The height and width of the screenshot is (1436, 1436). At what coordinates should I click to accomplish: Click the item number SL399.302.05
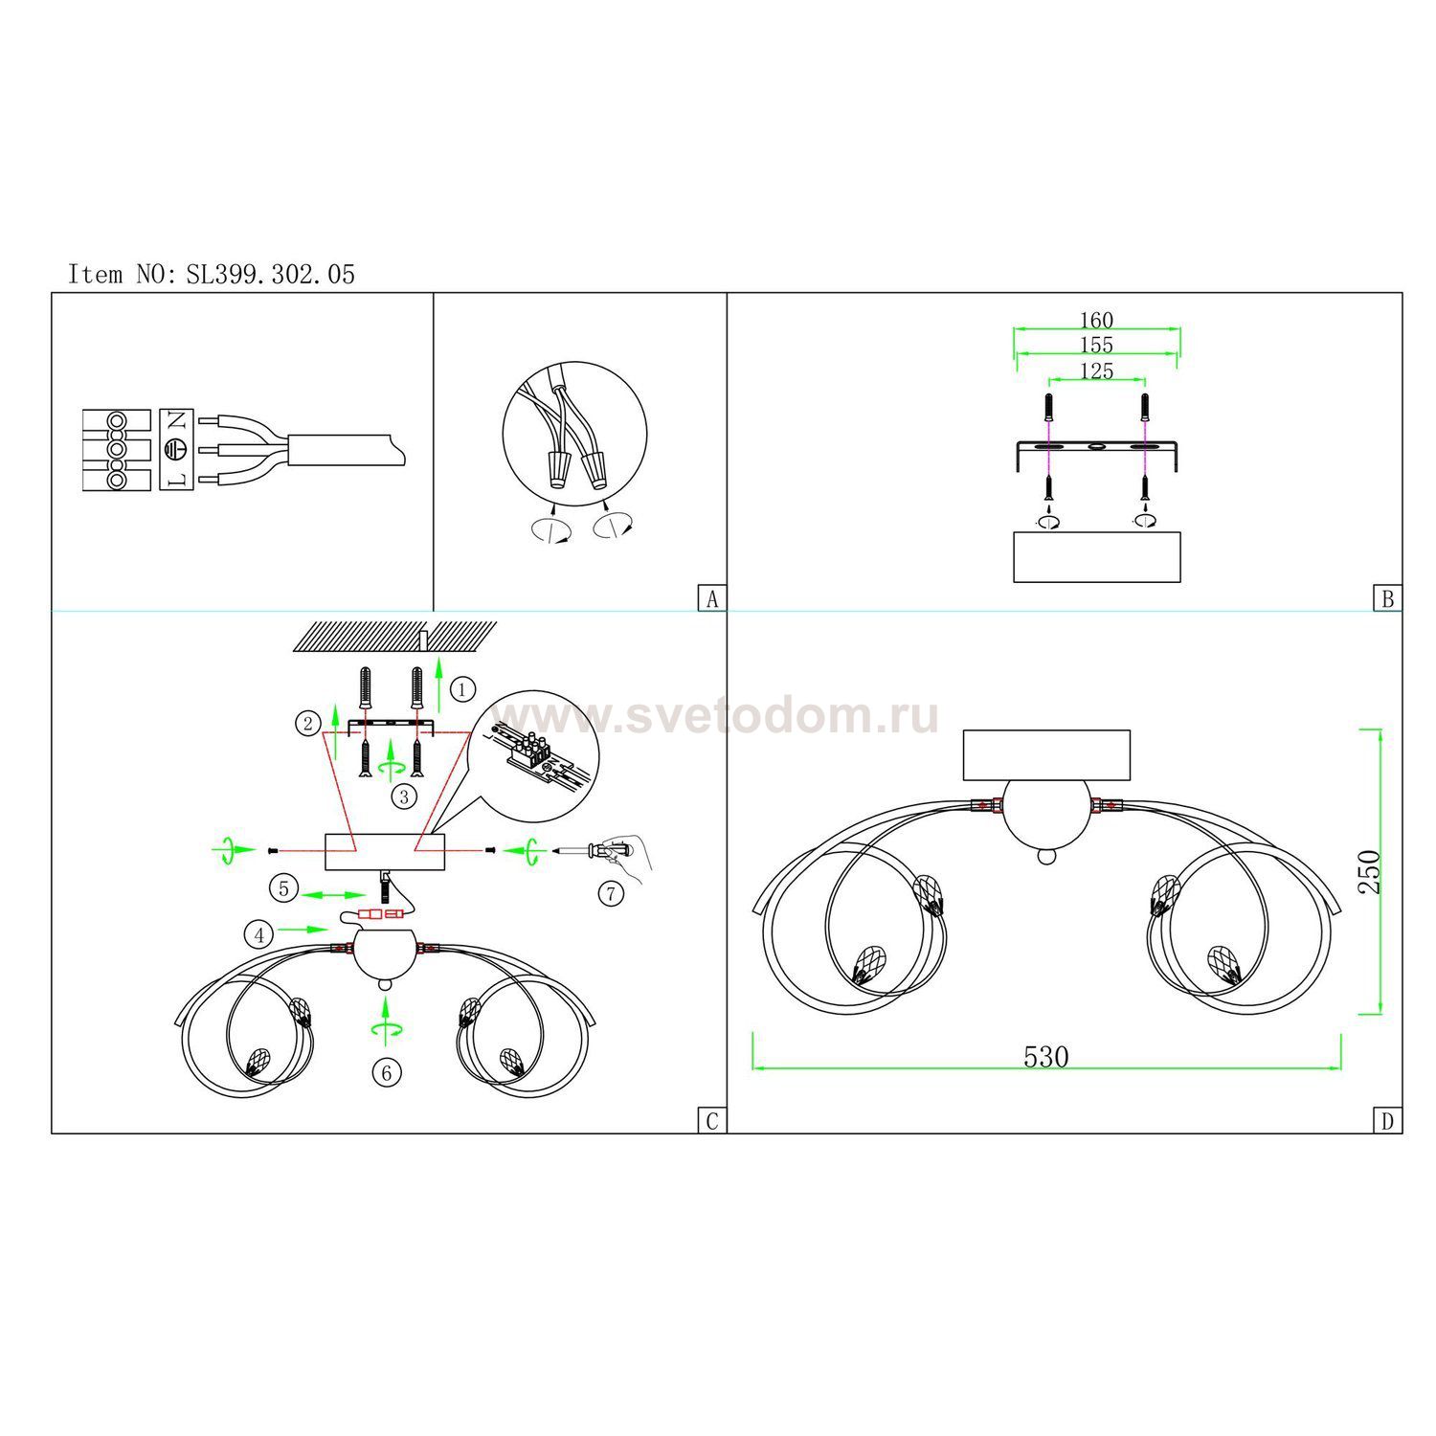click(271, 275)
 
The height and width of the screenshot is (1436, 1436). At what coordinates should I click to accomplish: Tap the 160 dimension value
click(1096, 320)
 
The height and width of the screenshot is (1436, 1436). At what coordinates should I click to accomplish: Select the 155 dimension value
click(1096, 345)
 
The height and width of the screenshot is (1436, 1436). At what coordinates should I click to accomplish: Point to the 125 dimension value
click(1096, 370)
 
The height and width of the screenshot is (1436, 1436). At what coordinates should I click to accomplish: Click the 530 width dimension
click(1045, 1057)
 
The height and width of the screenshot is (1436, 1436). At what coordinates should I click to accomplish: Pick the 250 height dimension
click(1371, 871)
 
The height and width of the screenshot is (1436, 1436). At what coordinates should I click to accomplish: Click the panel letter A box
click(711, 598)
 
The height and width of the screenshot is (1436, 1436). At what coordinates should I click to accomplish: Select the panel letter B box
click(1387, 598)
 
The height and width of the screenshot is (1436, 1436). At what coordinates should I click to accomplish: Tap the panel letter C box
click(711, 1121)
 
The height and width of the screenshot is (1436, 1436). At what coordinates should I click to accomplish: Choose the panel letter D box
click(1387, 1121)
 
